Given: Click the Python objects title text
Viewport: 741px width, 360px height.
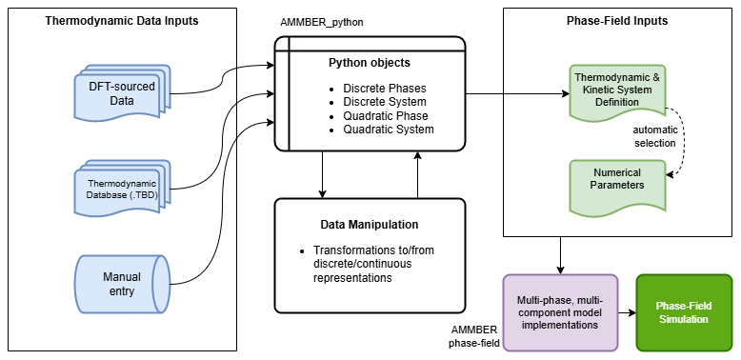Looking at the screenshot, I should pyautogui.click(x=370, y=64).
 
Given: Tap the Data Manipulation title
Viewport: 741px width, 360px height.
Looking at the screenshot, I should pyautogui.click(x=369, y=225).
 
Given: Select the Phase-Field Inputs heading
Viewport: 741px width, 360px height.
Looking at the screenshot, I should pyautogui.click(x=617, y=20).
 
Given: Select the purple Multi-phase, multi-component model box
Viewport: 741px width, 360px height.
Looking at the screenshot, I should pyautogui.click(x=560, y=311).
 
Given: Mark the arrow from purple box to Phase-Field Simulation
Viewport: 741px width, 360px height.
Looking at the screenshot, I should pyautogui.click(x=627, y=311).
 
